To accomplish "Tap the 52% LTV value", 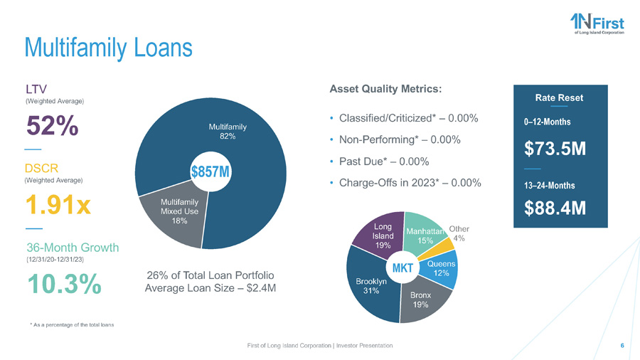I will [x=53, y=128].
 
